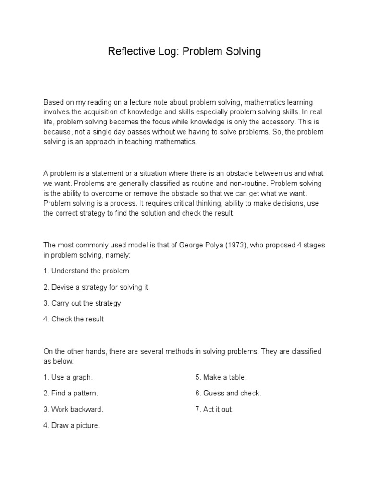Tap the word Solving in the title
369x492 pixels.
pos(243,52)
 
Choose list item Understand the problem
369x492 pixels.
pos(86,271)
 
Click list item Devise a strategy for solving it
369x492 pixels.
pos(96,287)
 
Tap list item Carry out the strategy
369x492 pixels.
pos(82,303)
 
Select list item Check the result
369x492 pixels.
pos(74,319)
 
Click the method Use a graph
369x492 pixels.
pos(68,377)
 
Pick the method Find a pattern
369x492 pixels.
pos(71,393)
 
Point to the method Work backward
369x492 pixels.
pos(74,409)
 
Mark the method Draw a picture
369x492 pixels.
pos(72,426)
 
